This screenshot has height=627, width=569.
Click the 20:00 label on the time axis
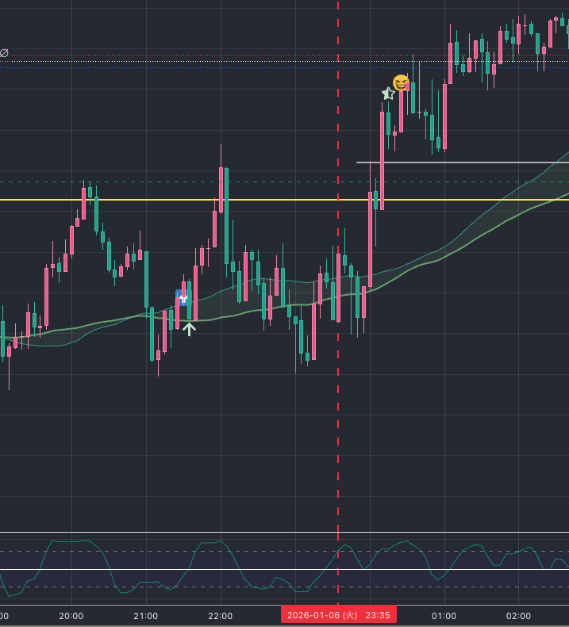click(x=71, y=616)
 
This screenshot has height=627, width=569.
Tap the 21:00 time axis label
click(x=146, y=616)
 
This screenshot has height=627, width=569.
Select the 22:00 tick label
click(x=220, y=616)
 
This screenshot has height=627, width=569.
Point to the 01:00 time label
click(x=444, y=616)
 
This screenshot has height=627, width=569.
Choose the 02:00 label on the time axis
click(x=518, y=616)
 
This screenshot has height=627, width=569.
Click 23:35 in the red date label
click(x=378, y=615)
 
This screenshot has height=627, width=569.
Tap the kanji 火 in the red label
click(x=351, y=615)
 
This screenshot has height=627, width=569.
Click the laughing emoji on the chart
click(x=402, y=82)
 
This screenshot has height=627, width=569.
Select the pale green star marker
click(x=388, y=94)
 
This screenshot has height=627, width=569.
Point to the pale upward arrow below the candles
click(x=189, y=328)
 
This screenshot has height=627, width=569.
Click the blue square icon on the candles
click(x=183, y=297)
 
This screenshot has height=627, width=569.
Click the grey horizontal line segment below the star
click(x=460, y=162)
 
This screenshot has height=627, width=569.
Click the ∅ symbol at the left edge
click(x=4, y=53)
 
